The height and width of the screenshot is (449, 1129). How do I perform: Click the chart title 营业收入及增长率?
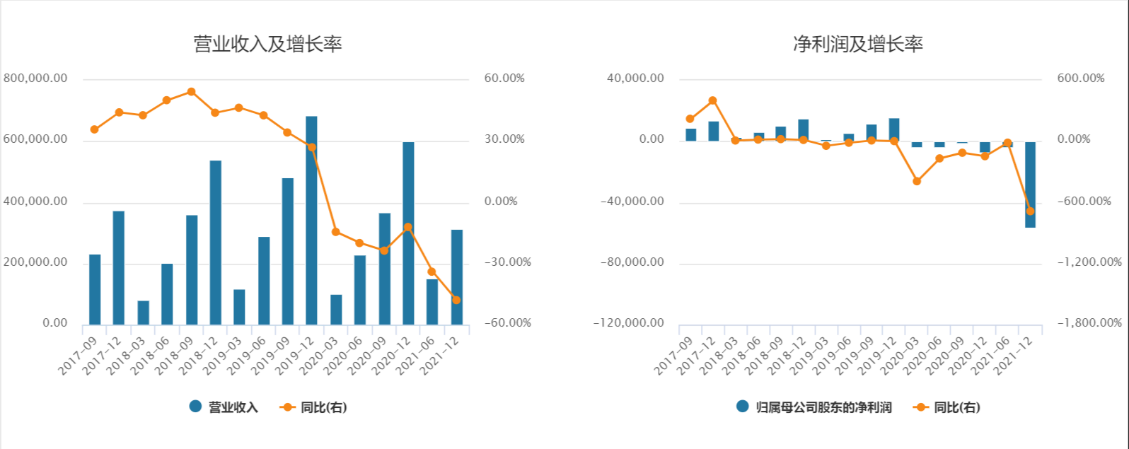267,45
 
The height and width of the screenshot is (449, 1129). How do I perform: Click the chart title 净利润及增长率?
857,45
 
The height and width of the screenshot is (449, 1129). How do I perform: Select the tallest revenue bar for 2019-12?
311,219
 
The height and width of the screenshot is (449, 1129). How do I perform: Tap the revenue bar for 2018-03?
143,313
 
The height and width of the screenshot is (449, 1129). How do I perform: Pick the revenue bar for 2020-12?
408,233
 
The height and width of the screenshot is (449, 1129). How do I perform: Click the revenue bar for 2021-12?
456,277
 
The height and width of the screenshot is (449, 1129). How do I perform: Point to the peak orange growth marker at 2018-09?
191,92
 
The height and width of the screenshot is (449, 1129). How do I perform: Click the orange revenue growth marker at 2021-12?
456,300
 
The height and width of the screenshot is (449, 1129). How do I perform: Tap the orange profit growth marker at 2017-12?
712,100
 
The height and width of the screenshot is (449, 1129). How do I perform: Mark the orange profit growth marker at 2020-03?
917,181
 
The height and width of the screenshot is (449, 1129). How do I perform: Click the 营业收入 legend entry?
224,407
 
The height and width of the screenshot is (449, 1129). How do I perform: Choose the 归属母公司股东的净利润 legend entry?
814,407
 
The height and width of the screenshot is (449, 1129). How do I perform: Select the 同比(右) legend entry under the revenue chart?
314,407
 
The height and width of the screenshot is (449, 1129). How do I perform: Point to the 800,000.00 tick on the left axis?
35,78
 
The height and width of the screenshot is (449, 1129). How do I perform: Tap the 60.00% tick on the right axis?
504,78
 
